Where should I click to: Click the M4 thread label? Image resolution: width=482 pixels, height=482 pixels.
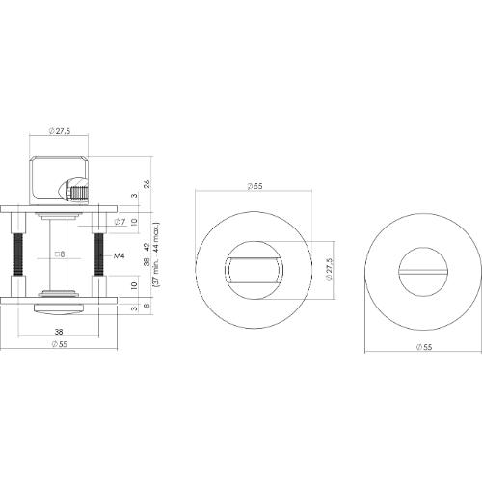tap(120, 256)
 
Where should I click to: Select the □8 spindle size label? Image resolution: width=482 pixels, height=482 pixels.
tap(59, 255)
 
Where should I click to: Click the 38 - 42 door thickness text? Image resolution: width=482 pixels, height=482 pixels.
tap(146, 255)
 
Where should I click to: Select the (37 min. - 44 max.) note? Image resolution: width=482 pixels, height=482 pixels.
tap(156, 255)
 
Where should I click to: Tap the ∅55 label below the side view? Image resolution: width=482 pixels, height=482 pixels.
tap(61, 344)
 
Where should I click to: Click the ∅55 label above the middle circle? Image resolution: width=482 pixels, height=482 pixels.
tap(255, 184)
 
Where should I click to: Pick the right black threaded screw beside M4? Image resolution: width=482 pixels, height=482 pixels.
tap(97, 255)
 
